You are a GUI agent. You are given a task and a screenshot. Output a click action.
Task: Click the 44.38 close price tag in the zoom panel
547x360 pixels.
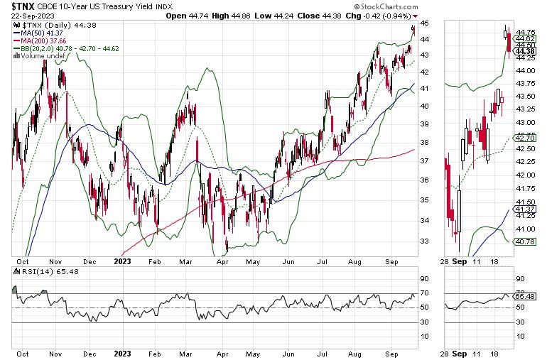[526, 50]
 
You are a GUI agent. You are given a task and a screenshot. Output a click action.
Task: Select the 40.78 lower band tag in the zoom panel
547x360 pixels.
[526, 242]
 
